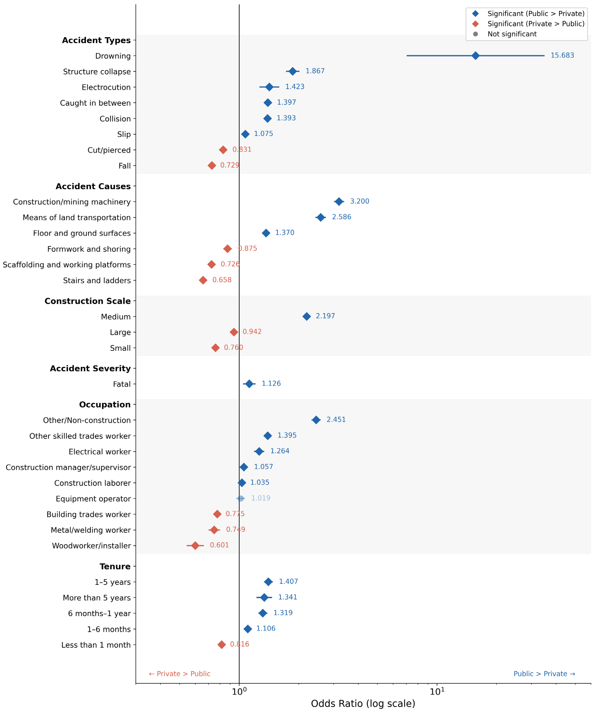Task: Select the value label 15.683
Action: (x=562, y=55)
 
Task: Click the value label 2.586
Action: (x=341, y=217)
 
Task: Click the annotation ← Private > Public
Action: (x=180, y=674)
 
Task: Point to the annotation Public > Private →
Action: (x=544, y=674)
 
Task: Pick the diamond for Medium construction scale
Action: (x=307, y=316)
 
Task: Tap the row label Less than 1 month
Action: (x=96, y=645)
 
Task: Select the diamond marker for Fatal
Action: (x=249, y=384)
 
